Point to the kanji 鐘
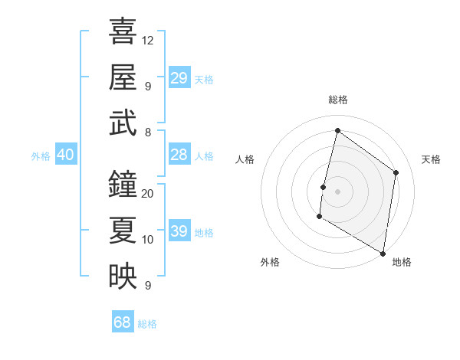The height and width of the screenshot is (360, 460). pos(123,184)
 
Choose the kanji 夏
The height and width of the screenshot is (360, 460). pos(123,230)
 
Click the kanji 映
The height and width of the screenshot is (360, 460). pos(123,276)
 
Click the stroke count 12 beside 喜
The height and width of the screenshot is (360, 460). pos(148,40)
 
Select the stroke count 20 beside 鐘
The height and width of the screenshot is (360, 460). pos(148,193)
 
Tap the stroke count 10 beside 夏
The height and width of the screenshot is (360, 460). pos(148,240)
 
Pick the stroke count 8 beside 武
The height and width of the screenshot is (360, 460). pos(147,133)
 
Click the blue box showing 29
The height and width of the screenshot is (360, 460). pos(179,77)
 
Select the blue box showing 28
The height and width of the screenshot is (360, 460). pos(179,155)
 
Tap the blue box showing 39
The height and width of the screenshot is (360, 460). pos(179,231)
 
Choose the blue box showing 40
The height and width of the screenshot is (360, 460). pos(65,155)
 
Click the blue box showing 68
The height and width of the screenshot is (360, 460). pos(123,322)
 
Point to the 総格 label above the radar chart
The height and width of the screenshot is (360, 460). pos(337,100)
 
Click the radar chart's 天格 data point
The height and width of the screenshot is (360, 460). pos(396,172)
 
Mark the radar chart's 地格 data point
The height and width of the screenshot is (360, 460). pos(383,252)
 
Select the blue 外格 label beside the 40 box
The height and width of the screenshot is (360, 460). pos(41,156)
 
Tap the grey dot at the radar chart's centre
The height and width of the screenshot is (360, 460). pos(337,191)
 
